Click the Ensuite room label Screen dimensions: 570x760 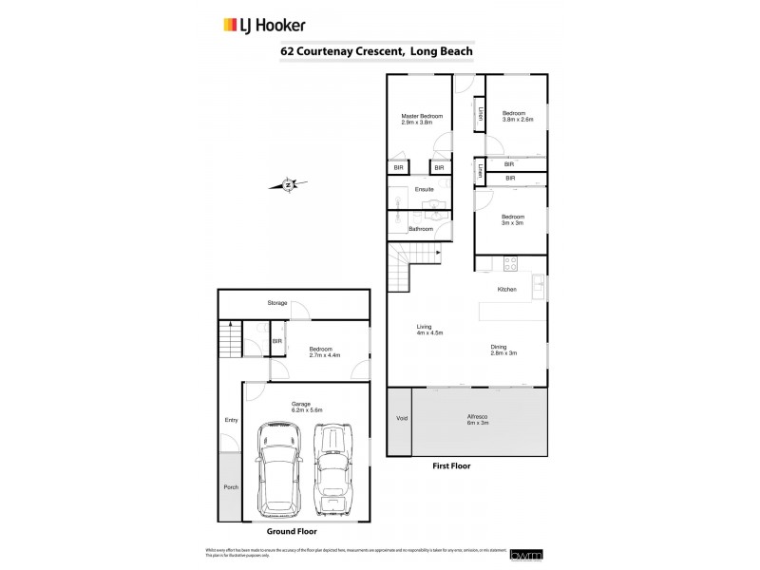pyautogui.click(x=425, y=189)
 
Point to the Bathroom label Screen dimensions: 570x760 pyautogui.click(x=421, y=229)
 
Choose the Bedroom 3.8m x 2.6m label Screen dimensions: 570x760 pyautogui.click(x=518, y=116)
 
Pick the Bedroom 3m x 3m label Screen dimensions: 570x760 pyautogui.click(x=514, y=219)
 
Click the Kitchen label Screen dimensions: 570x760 pyautogui.click(x=506, y=290)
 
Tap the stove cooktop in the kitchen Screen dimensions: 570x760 pyautogui.click(x=511, y=263)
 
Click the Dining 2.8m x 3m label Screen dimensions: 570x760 pyautogui.click(x=503, y=350)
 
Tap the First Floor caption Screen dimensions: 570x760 pyautogui.click(x=452, y=467)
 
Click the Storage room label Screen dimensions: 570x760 pyautogui.click(x=277, y=303)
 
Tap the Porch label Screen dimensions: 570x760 pyautogui.click(x=231, y=487)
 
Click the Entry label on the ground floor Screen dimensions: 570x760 pyautogui.click(x=231, y=420)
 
